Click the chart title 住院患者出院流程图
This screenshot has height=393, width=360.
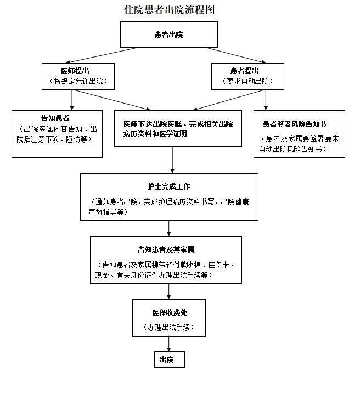click(169, 10)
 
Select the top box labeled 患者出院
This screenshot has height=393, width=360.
click(169, 35)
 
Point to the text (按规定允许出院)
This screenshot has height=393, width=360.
click(76, 82)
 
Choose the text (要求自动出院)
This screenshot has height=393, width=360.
click(249, 82)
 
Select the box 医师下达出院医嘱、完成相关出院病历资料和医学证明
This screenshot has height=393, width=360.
click(178, 129)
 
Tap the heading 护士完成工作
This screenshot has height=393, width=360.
click(169, 187)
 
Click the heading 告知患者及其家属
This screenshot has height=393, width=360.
click(166, 249)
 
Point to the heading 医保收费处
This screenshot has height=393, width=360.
click(169, 312)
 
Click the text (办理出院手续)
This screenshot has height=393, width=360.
click(169, 327)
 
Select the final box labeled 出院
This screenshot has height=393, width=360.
click(167, 360)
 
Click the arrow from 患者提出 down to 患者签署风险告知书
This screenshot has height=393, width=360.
click(266, 100)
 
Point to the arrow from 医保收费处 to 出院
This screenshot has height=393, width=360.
click(168, 344)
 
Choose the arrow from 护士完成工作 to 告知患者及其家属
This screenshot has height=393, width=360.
click(168, 228)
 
